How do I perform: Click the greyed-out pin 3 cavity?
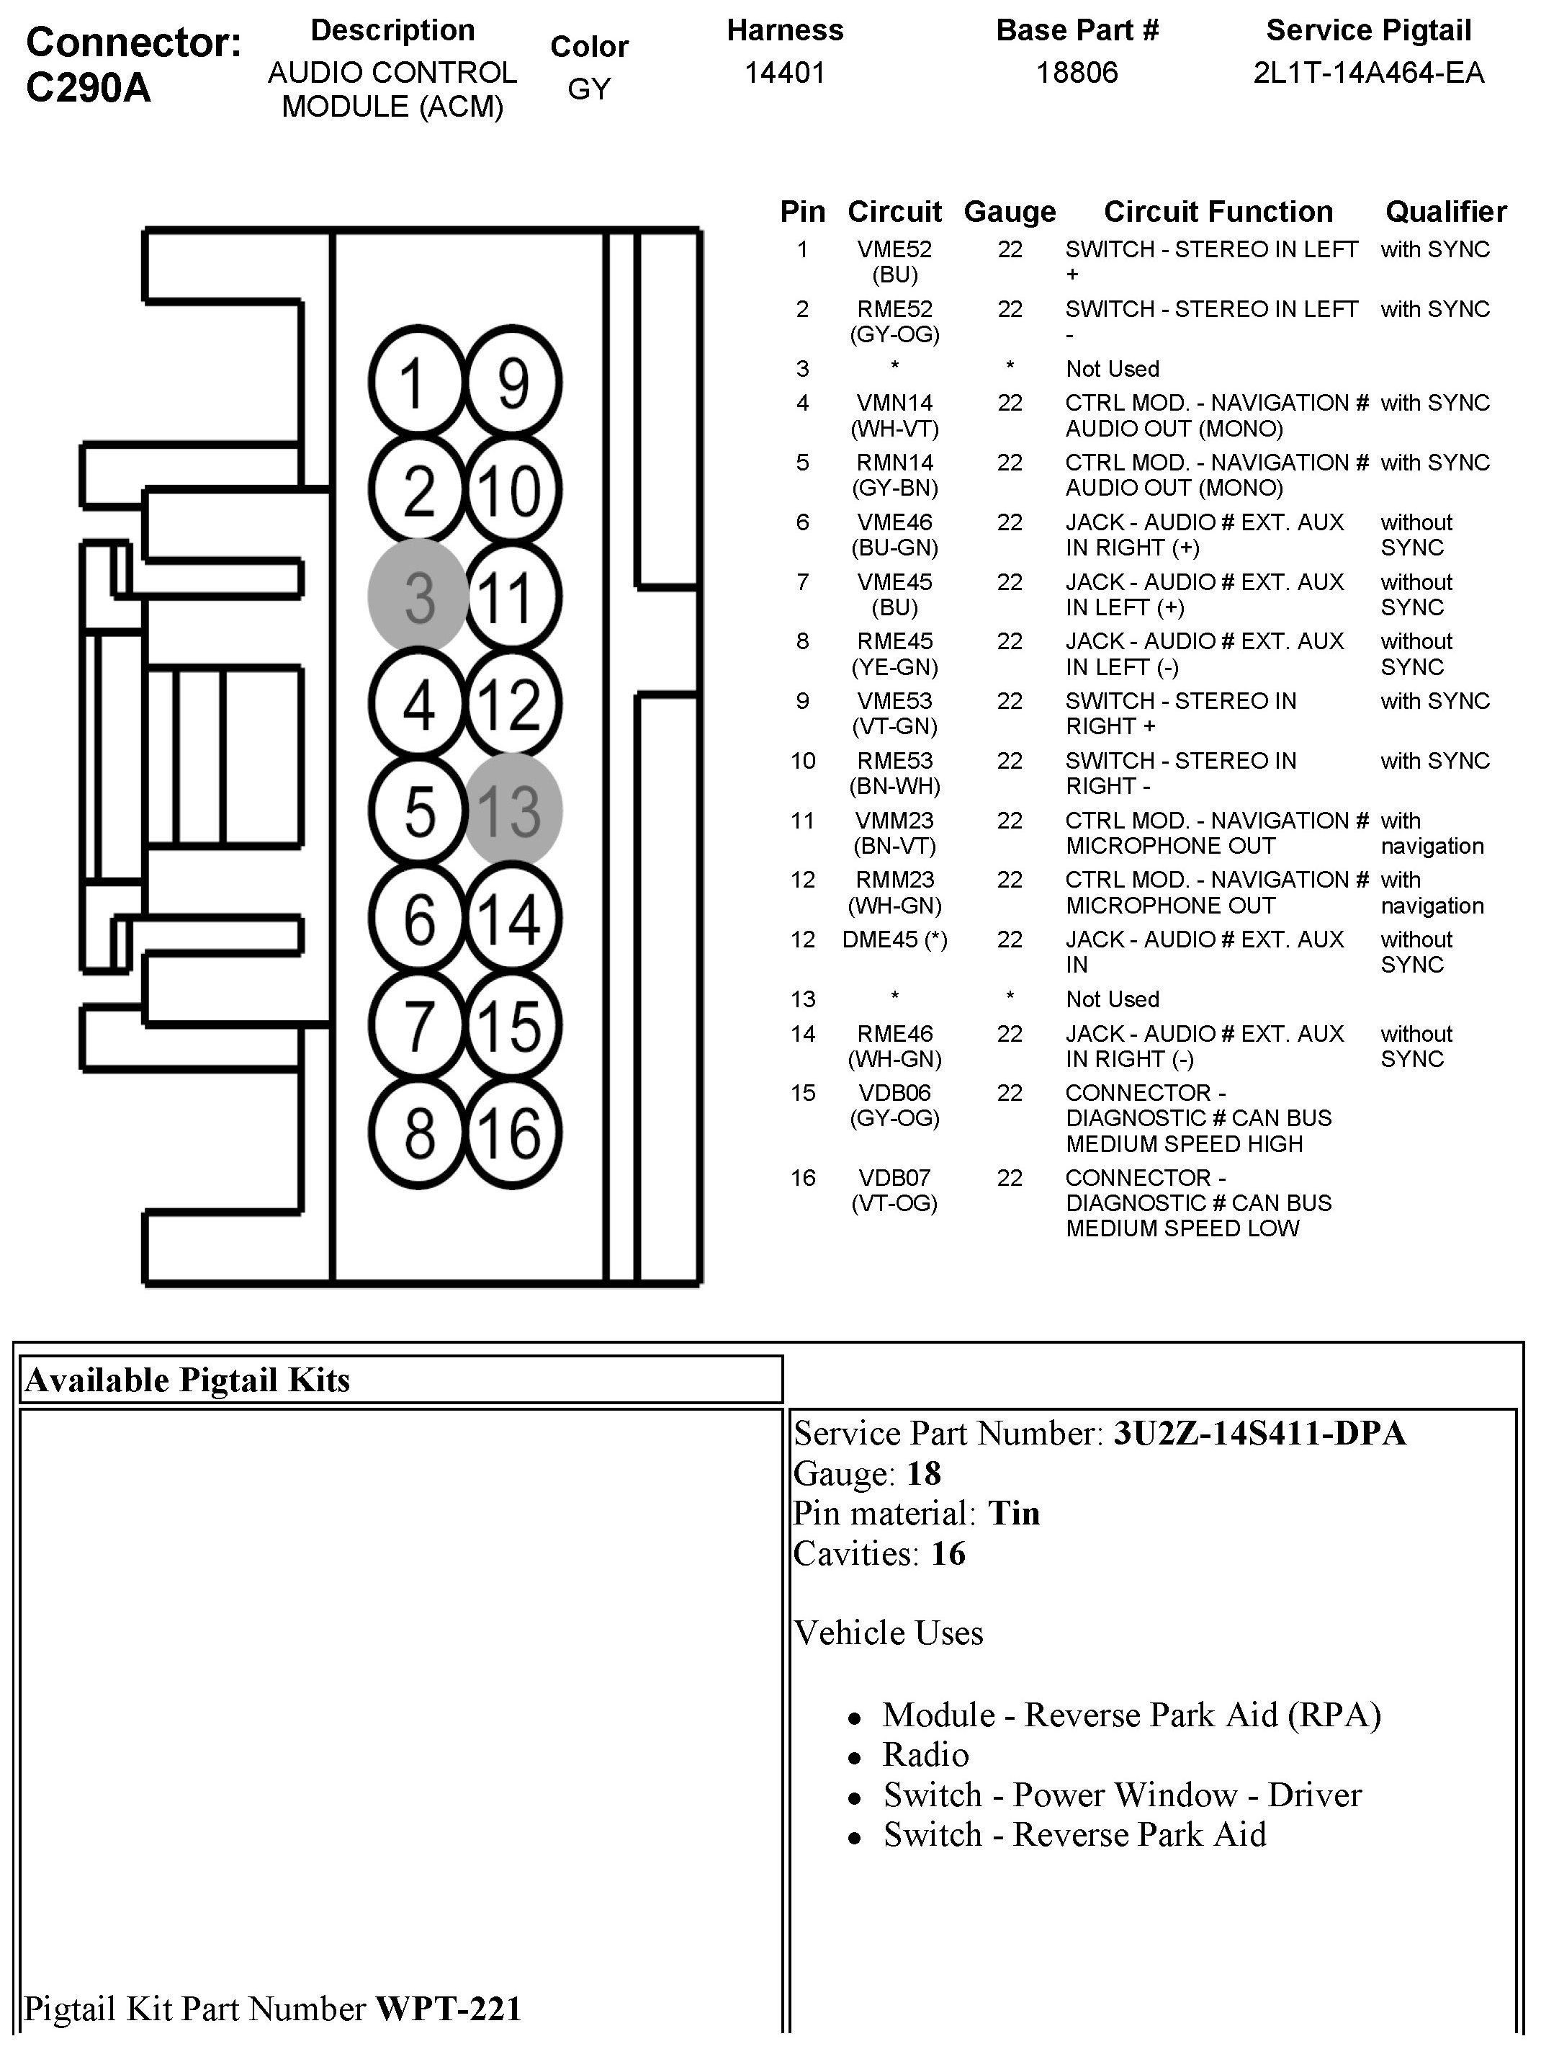(418, 597)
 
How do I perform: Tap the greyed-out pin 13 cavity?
(512, 811)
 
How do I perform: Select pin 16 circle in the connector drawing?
(512, 1132)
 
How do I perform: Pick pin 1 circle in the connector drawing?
(415, 383)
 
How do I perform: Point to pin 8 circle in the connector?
(418, 1132)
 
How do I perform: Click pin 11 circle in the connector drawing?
(512, 597)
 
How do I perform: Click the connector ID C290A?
(88, 88)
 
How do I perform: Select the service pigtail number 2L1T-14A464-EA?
(1368, 72)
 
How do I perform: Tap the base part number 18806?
(1076, 72)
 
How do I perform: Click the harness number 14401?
(784, 72)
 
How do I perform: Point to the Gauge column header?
(1010, 212)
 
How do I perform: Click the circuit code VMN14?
(894, 403)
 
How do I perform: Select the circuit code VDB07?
(894, 1177)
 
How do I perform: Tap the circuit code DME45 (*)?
(894, 939)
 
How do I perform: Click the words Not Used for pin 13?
(1113, 999)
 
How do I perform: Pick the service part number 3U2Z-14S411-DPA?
(1259, 1433)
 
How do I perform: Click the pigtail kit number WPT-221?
(448, 2008)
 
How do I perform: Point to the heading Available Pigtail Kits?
(187, 1380)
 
